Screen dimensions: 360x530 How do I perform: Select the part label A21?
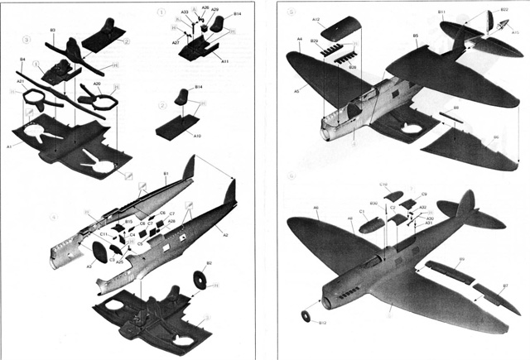20,81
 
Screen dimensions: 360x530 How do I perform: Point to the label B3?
52,31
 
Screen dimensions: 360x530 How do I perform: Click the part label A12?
316,19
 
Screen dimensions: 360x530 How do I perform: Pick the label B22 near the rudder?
504,10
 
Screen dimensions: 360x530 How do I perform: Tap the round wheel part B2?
200,280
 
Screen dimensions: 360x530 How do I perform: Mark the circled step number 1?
161,12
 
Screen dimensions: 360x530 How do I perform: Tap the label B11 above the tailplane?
441,12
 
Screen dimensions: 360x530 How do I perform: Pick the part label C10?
383,184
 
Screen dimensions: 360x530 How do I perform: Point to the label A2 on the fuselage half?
226,234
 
